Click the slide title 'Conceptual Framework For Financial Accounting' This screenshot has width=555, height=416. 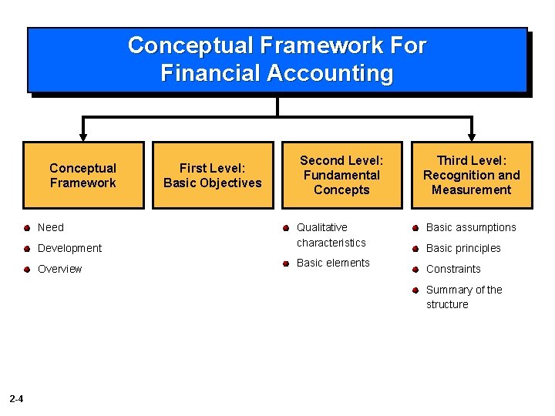pyautogui.click(x=277, y=59)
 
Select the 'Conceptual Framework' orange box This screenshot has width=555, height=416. pyautogui.click(x=83, y=176)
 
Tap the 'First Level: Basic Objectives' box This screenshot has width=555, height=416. pyautogui.click(x=213, y=176)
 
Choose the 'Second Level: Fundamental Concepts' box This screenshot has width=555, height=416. pyautogui.click(x=341, y=175)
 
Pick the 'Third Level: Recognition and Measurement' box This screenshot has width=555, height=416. pyautogui.click(x=471, y=175)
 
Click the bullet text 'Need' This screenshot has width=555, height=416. pyautogui.click(x=51, y=227)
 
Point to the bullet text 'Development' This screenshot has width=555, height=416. pyautogui.click(x=69, y=248)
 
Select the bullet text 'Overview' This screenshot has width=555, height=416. pyautogui.click(x=59, y=269)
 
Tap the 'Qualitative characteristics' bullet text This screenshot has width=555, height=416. pyautogui.click(x=331, y=235)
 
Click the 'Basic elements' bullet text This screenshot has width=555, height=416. pyautogui.click(x=333, y=263)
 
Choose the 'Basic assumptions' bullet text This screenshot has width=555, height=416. pyautogui.click(x=471, y=227)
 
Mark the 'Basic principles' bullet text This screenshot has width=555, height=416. pyautogui.click(x=463, y=248)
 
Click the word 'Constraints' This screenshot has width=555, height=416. pyautogui.click(x=453, y=269)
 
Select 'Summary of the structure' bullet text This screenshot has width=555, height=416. pyautogui.click(x=463, y=297)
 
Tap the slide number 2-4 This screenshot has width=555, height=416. pyautogui.click(x=16, y=398)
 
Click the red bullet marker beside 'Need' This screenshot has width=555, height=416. pyautogui.click(x=27, y=228)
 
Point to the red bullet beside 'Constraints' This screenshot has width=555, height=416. pyautogui.click(x=415, y=269)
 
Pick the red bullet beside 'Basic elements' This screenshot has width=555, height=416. pyautogui.click(x=286, y=263)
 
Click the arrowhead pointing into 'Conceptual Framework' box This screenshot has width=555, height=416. pyautogui.click(x=83, y=136)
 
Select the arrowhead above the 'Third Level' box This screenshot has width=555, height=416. pyautogui.click(x=471, y=136)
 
